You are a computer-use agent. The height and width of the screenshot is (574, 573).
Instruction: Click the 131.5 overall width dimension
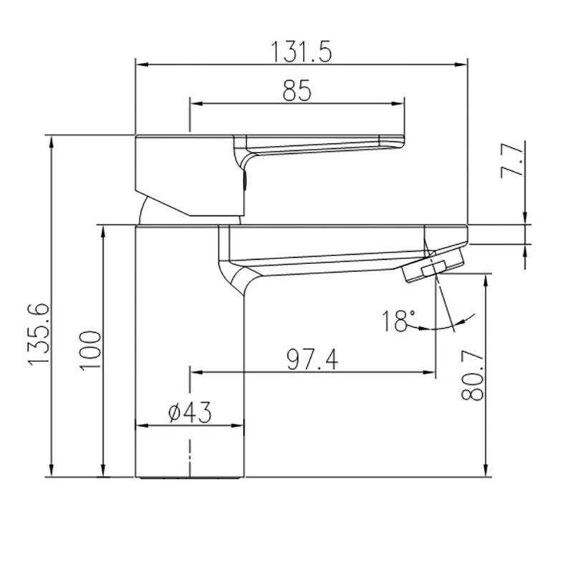click(301, 52)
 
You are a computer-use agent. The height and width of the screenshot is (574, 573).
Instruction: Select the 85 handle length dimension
click(297, 91)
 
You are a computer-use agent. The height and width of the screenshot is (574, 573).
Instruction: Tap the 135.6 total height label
click(39, 334)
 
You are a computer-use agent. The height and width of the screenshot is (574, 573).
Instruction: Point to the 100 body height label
click(90, 351)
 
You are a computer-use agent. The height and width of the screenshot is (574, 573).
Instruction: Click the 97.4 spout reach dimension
click(312, 359)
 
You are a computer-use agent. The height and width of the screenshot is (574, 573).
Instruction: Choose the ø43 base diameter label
click(190, 412)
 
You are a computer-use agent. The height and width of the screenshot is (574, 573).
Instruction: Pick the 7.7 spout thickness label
click(512, 160)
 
